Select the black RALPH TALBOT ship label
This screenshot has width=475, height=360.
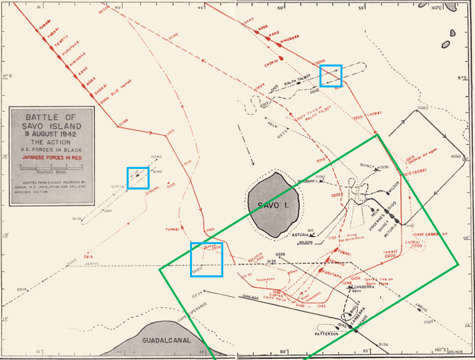pos(299,80)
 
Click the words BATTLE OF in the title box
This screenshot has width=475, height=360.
pos(52,117)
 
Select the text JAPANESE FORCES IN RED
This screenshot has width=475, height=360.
pos(52,157)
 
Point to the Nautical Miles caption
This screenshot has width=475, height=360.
pos(51,173)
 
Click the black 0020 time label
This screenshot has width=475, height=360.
pos(422,108)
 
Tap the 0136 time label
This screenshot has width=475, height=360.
pos(383,344)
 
